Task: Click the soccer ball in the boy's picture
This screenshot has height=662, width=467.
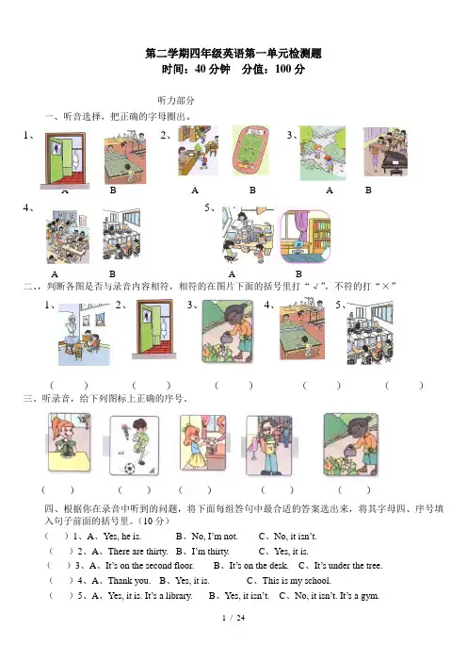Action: (129, 468)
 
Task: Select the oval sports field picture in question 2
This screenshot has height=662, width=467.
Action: (250, 150)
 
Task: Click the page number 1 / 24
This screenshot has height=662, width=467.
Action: (233, 618)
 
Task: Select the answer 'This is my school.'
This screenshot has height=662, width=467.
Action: (297, 581)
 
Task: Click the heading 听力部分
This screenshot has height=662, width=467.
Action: (176, 101)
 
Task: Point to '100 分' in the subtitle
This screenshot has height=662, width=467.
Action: (290, 69)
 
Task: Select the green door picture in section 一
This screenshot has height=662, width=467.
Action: (65, 160)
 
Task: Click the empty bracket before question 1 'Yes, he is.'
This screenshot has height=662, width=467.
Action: (56, 537)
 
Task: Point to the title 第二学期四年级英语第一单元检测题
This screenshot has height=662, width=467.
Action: (233, 53)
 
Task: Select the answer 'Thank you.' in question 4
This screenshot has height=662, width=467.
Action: (129, 581)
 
